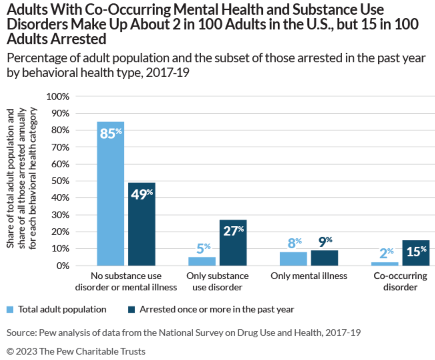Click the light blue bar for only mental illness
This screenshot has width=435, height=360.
pyautogui.click(x=293, y=259)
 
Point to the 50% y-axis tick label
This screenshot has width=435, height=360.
pyautogui.click(x=59, y=181)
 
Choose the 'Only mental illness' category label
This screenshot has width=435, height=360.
pyautogui.click(x=309, y=276)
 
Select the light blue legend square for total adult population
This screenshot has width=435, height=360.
pyautogui.click(x=10, y=310)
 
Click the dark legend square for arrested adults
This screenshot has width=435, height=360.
pyautogui.click(x=132, y=310)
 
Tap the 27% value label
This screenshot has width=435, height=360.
pyautogui.click(x=233, y=231)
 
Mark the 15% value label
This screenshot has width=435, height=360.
pyautogui.click(x=416, y=251)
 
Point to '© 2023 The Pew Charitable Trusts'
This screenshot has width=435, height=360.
pyautogui.click(x=76, y=351)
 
